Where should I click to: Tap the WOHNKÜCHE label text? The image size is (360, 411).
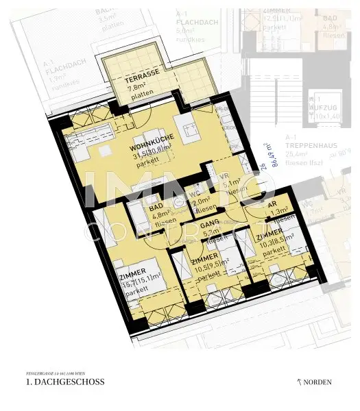pyautogui.click(x=153, y=139)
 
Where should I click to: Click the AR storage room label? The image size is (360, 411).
pyautogui.click(x=272, y=204)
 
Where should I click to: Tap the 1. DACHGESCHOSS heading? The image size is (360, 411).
pyautogui.click(x=62, y=382)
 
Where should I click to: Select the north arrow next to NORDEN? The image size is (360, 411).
pyautogui.click(x=299, y=381)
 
